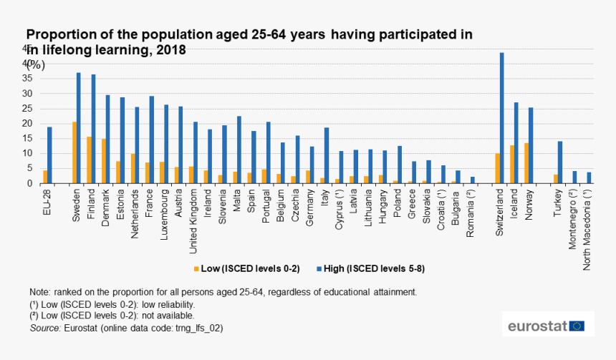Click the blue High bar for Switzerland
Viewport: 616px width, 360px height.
(502, 118)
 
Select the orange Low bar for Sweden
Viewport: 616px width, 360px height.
(74, 152)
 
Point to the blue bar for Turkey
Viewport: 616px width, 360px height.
(560, 162)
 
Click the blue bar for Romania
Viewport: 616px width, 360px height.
(473, 180)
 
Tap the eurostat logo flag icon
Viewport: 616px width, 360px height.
(577, 326)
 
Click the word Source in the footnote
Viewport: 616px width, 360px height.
(44, 328)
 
